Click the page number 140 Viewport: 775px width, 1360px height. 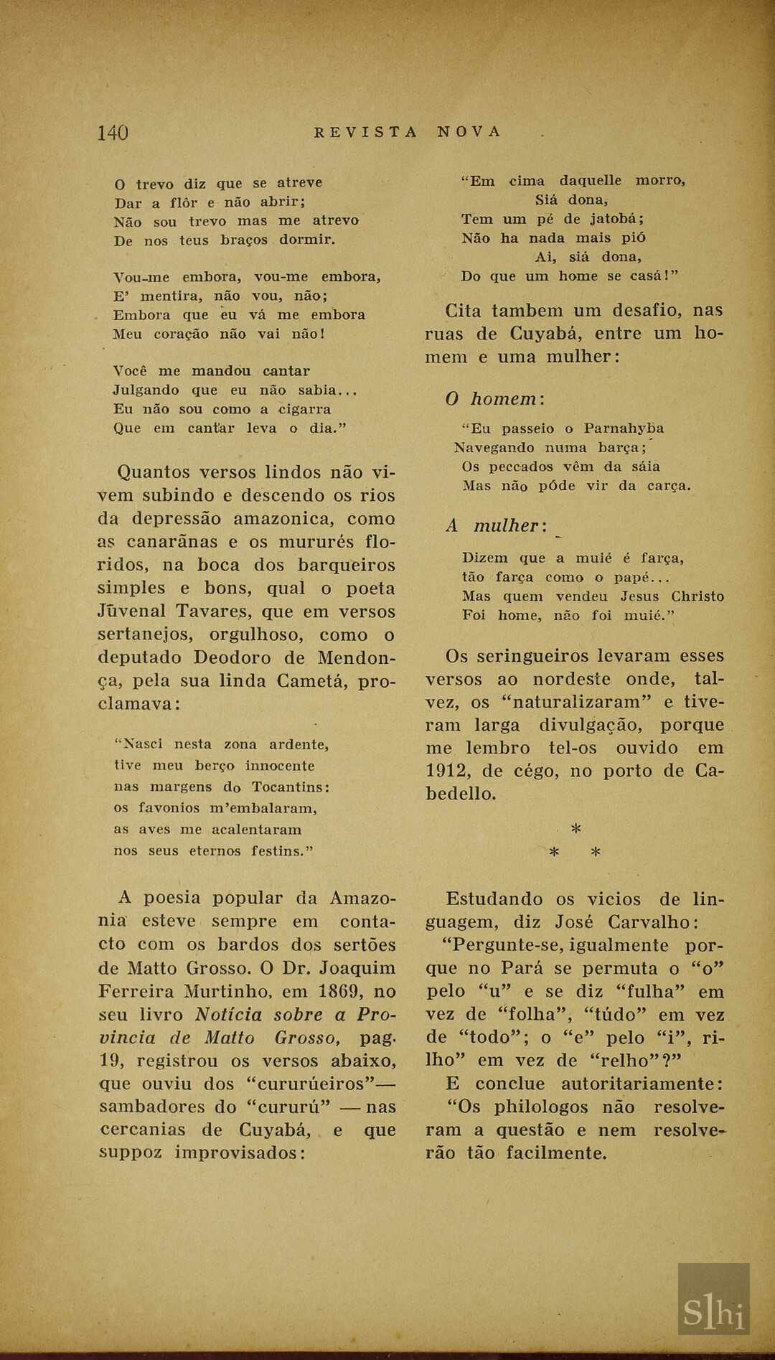tap(113, 133)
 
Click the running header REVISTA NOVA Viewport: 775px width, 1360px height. tap(408, 132)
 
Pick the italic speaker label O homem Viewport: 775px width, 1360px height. tap(494, 399)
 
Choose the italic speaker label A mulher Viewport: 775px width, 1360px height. tap(496, 526)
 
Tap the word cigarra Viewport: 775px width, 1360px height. tap(304, 409)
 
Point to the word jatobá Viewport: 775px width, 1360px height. tap(616, 220)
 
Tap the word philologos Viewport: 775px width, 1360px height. tap(530, 1107)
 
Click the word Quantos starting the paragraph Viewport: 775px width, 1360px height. tap(154, 472)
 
